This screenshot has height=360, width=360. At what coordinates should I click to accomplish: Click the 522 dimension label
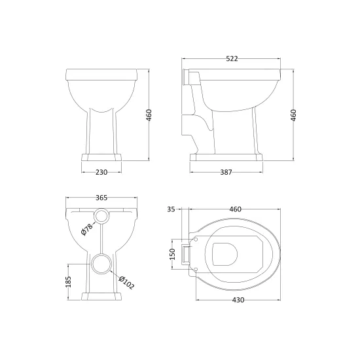coord(232,58)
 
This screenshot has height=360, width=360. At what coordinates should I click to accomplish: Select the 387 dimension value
coord(226,172)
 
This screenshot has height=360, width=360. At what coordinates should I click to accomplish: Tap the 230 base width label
coord(101,172)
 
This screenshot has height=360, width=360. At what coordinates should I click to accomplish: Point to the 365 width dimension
coord(101,198)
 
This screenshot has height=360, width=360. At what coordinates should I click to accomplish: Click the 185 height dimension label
coord(69,281)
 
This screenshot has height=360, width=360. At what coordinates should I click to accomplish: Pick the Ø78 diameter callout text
coord(87,229)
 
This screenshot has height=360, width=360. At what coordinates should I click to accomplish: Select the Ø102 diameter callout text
coord(126,282)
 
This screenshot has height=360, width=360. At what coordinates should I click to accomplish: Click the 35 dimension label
coord(171,209)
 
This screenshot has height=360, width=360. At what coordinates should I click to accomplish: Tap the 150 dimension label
coord(172,254)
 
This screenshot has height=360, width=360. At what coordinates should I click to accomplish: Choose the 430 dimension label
coord(238,300)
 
